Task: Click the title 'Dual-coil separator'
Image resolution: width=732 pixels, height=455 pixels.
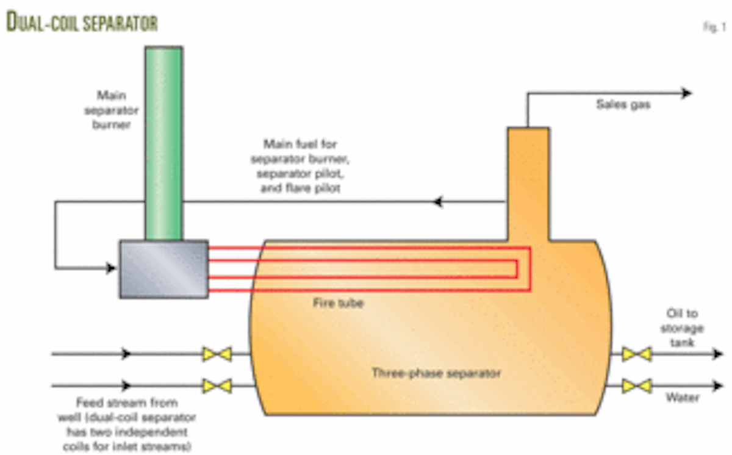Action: coord(82,23)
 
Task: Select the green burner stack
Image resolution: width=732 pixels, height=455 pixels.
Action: coord(163,143)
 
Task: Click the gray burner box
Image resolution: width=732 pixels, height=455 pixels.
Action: coord(163,269)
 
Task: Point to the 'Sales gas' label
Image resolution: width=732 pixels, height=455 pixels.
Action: coord(623,105)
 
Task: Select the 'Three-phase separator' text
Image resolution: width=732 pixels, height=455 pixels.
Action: coord(436,372)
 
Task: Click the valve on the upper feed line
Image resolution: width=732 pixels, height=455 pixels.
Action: coord(217,354)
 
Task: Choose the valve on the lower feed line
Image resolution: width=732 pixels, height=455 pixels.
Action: coord(217,385)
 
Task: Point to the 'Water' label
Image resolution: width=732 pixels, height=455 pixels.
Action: coord(682,398)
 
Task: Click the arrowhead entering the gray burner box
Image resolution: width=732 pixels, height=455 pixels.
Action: coord(110,268)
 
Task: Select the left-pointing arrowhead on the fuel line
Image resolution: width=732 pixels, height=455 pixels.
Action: coord(437,202)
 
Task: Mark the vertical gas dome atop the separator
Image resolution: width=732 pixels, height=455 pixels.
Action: coord(528,183)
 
